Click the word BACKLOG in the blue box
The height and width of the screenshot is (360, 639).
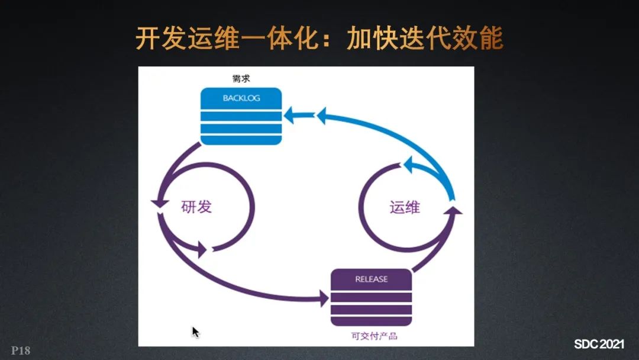pyautogui.click(x=241, y=98)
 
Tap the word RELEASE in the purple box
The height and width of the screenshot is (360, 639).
pyautogui.click(x=371, y=279)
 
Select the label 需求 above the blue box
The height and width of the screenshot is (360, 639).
pyautogui.click(x=241, y=78)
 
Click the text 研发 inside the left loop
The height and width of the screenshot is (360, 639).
pyautogui.click(x=196, y=207)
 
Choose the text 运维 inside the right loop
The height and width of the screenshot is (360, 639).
pyautogui.click(x=405, y=207)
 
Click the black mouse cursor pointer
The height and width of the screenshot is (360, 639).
pyautogui.click(x=195, y=332)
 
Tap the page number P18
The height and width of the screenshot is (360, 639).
pyautogui.click(x=20, y=351)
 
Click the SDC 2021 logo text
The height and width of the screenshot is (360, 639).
pyautogui.click(x=599, y=344)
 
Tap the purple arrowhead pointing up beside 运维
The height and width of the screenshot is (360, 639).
pyautogui.click(x=454, y=210)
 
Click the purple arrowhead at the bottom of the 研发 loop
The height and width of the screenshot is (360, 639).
pyautogui.click(x=203, y=249)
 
